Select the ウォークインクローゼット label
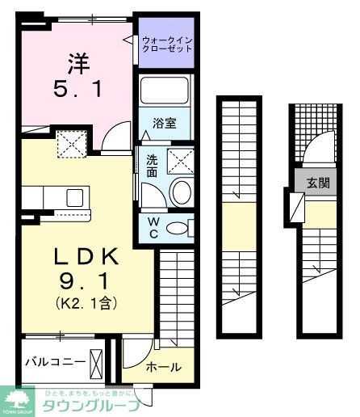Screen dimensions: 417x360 (x=166, y=43)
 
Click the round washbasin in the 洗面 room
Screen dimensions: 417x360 (x=182, y=192)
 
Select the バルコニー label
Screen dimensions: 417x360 (x=54, y=361)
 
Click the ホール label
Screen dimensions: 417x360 (x=164, y=367)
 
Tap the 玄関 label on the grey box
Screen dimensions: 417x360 (x=317, y=183)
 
